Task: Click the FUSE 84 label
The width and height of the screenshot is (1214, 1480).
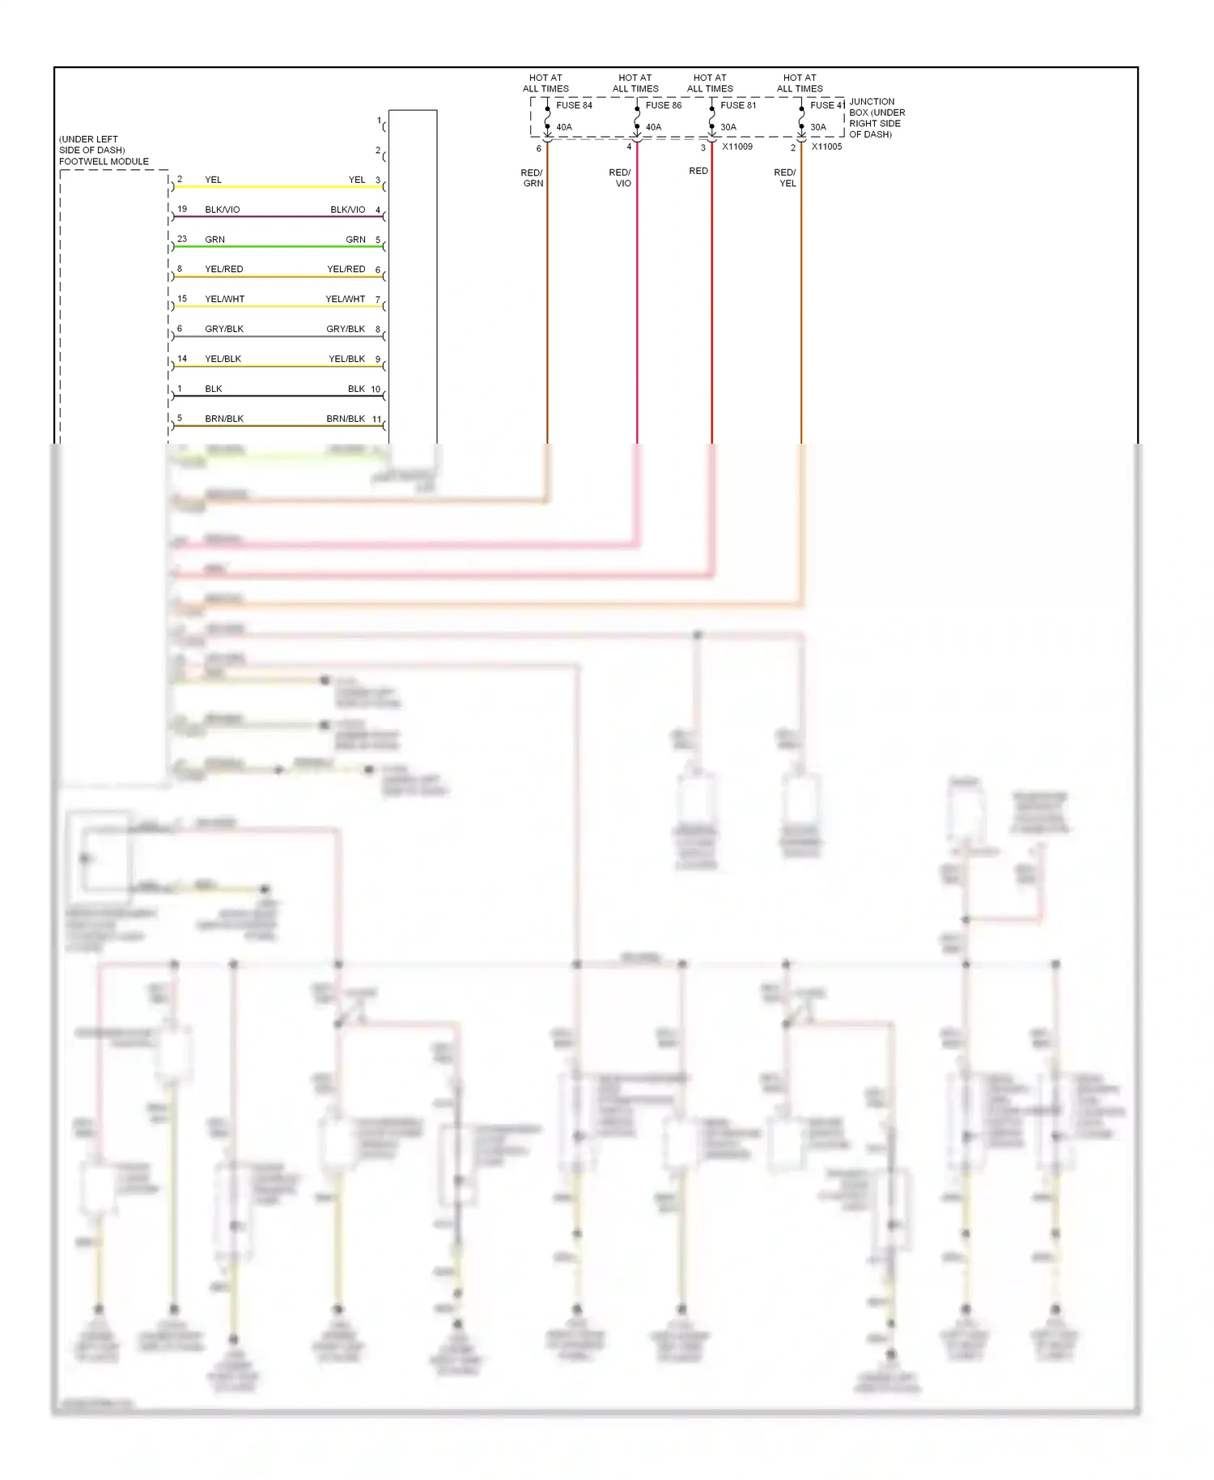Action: pyautogui.click(x=574, y=105)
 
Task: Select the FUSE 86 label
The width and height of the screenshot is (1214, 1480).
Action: pyautogui.click(x=664, y=105)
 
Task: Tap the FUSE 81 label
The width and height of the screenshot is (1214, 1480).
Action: pyautogui.click(x=738, y=105)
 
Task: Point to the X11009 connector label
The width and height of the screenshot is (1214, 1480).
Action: pyautogui.click(x=737, y=147)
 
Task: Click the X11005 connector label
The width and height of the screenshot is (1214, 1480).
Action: pyautogui.click(x=826, y=147)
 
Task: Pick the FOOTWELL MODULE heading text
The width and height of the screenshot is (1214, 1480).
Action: pyautogui.click(x=104, y=161)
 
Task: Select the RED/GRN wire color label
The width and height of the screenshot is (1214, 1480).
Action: pyautogui.click(x=533, y=178)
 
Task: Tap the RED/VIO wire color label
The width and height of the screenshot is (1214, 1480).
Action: pyautogui.click(x=621, y=178)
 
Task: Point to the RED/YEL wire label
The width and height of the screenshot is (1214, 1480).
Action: pyautogui.click(x=786, y=178)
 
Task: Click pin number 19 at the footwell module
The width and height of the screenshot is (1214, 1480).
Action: pyautogui.click(x=182, y=209)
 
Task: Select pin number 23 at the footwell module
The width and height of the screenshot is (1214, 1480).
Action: pyautogui.click(x=182, y=239)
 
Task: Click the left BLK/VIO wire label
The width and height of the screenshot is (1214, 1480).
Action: pyautogui.click(x=223, y=210)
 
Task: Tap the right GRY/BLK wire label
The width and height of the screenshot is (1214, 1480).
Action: pyautogui.click(x=346, y=329)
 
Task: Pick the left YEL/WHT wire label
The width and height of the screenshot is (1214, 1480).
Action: pyautogui.click(x=225, y=299)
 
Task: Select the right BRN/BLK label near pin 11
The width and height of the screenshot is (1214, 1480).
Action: pyautogui.click(x=346, y=419)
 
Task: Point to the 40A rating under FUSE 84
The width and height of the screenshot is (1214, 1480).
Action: pyautogui.click(x=564, y=127)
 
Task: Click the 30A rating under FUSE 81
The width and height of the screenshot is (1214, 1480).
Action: pyautogui.click(x=728, y=127)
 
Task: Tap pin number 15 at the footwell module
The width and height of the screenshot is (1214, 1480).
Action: pyautogui.click(x=182, y=299)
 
